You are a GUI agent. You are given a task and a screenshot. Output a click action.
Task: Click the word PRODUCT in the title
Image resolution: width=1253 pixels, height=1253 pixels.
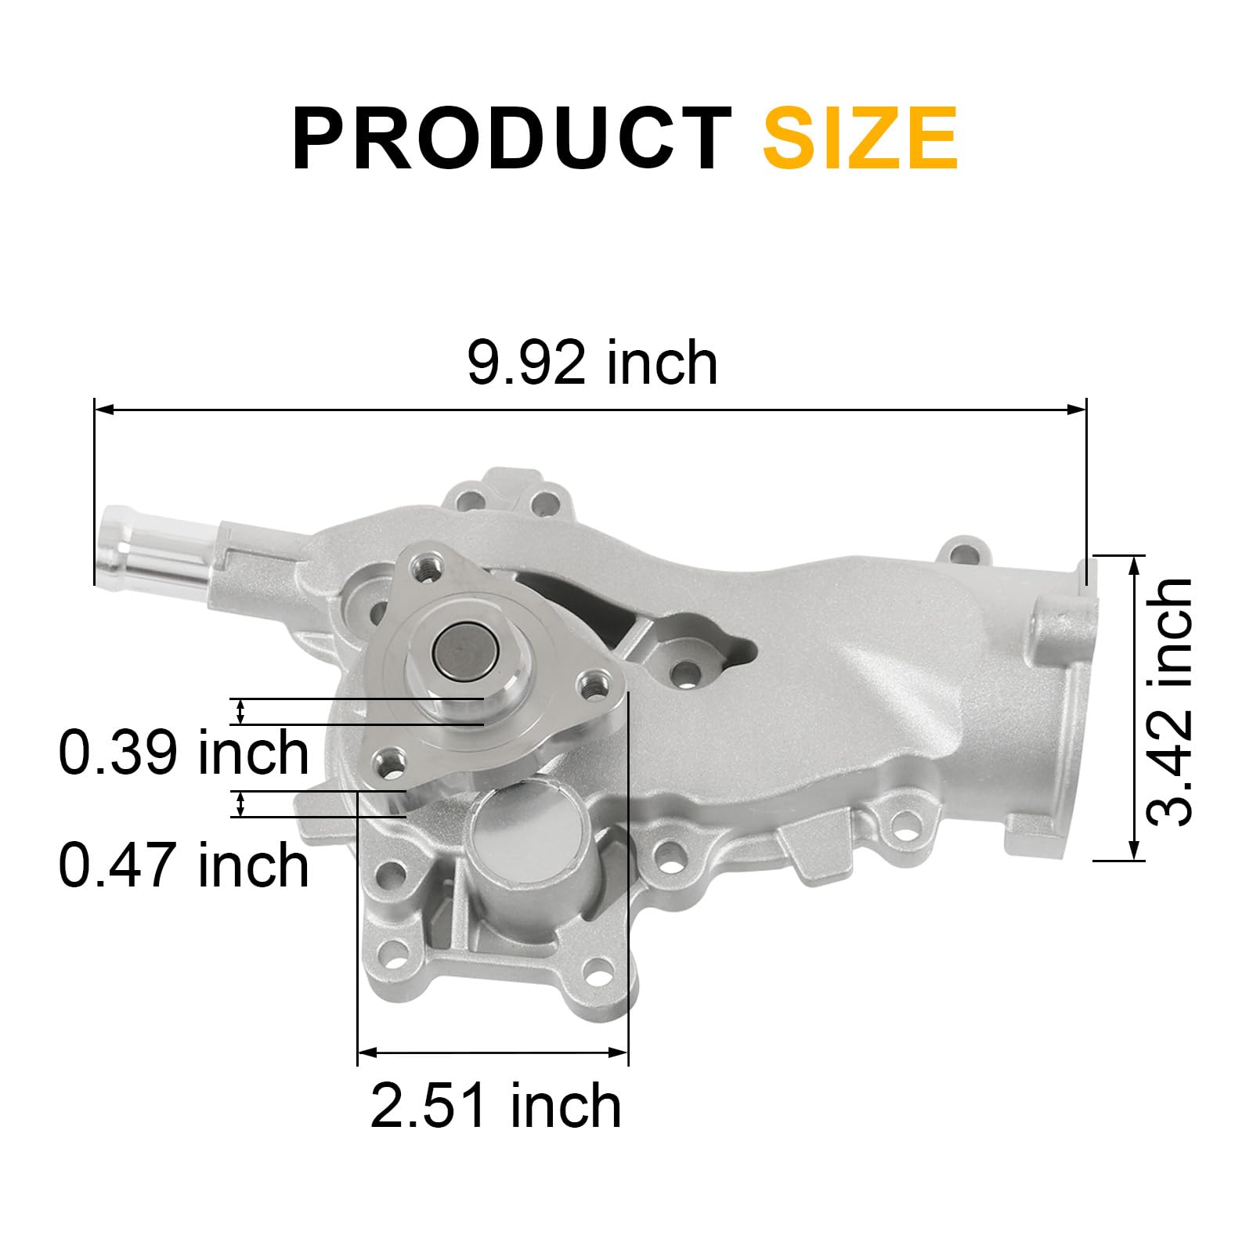pos(511,139)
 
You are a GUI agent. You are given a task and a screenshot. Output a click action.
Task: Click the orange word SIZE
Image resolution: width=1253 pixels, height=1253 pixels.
pos(860,139)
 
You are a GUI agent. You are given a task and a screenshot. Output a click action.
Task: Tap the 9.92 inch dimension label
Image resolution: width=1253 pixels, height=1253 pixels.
pos(592,363)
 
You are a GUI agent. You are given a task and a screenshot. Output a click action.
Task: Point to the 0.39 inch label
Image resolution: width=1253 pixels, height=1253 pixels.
pos(184,753)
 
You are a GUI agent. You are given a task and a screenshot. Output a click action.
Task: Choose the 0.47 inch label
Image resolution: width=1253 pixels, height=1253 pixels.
pos(184,865)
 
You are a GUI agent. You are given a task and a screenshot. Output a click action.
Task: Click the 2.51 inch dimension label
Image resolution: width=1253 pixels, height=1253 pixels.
pos(496,1105)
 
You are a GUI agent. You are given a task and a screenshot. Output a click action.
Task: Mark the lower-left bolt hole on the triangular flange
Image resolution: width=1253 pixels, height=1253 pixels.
pos(389,758)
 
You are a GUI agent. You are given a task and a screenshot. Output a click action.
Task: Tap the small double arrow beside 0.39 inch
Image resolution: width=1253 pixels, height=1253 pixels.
pos(240,711)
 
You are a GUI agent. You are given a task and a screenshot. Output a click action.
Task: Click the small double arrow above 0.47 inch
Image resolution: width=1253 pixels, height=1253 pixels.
pos(240,804)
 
